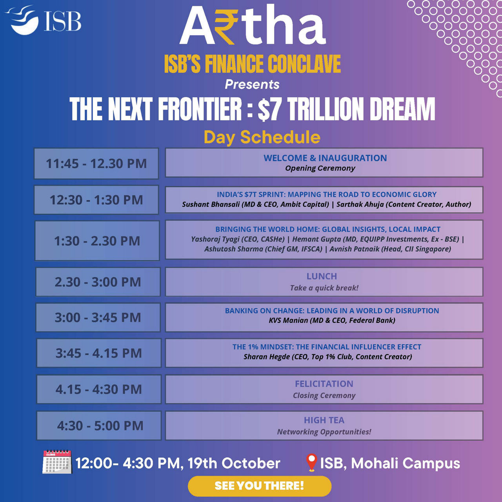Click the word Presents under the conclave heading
click(x=252, y=85)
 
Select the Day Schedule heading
click(x=262, y=137)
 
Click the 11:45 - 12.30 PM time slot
click(x=96, y=164)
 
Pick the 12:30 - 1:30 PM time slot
click(x=96, y=200)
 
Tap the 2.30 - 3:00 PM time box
click(x=98, y=282)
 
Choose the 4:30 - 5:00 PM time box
click(x=99, y=426)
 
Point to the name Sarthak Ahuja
click(x=360, y=204)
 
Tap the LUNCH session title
click(x=322, y=276)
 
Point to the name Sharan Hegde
click(x=267, y=357)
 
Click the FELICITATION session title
click(x=324, y=384)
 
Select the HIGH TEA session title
click(x=324, y=420)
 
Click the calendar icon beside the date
click(x=57, y=462)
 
